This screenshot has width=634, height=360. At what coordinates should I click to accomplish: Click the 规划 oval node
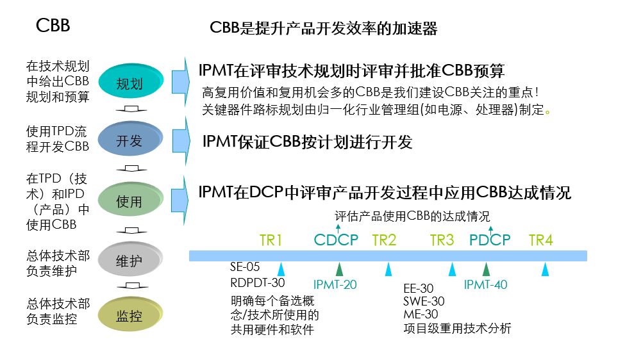[129, 83]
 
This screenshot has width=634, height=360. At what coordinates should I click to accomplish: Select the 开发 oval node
[129, 141]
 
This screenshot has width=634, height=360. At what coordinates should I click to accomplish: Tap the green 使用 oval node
[129, 202]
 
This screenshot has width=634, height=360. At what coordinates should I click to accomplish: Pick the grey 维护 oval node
[129, 261]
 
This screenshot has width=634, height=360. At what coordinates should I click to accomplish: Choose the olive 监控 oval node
[129, 316]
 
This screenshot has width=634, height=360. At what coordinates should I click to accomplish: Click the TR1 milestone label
[271, 240]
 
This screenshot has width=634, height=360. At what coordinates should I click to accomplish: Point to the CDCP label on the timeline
[337, 240]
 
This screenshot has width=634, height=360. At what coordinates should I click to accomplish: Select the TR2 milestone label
[384, 240]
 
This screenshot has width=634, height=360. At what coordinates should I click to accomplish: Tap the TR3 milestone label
[442, 240]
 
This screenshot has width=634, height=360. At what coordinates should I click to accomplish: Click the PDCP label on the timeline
[490, 240]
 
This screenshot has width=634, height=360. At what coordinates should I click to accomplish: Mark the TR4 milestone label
[540, 240]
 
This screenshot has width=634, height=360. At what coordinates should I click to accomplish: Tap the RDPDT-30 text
[258, 282]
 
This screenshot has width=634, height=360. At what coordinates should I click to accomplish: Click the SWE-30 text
[424, 301]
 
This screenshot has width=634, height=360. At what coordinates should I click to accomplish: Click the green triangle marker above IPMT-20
[339, 269]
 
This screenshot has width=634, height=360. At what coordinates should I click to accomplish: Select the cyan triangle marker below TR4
[545, 269]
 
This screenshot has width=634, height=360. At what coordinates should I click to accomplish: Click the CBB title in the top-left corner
[53, 26]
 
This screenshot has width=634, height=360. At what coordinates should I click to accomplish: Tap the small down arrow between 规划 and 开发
[130, 110]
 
